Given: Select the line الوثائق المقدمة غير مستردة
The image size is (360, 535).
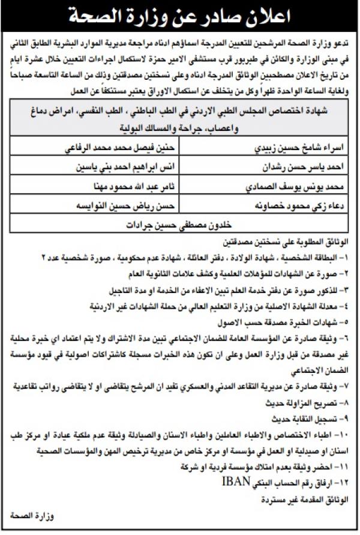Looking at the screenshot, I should [304, 498].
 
